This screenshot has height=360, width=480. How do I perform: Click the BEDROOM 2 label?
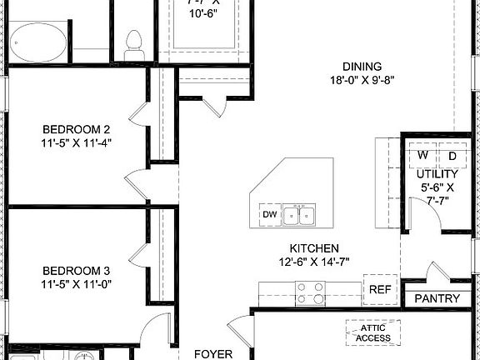[77, 129]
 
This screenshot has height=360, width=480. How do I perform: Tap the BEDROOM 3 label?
[77, 271]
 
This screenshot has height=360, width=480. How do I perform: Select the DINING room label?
[362, 67]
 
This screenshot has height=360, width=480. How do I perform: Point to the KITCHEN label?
[313, 248]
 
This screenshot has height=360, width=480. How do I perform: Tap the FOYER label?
[212, 353]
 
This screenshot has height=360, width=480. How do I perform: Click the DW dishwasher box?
[269, 215]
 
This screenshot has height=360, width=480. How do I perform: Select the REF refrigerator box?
[380, 289]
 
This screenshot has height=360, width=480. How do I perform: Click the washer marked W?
[422, 156]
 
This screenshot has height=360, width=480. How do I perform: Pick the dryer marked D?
[452, 156]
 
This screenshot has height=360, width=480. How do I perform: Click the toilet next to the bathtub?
[133, 42]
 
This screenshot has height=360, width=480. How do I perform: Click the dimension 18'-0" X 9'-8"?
[362, 81]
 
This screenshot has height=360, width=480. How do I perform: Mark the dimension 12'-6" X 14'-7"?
[313, 262]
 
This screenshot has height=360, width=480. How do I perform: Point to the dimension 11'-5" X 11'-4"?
[77, 142]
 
